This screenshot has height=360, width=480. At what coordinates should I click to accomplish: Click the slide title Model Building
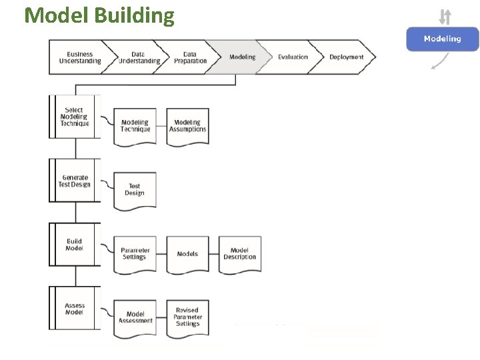(x=99, y=15)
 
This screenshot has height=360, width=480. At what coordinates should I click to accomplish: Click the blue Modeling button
(x=443, y=39)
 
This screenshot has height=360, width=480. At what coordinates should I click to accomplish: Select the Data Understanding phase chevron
(x=139, y=57)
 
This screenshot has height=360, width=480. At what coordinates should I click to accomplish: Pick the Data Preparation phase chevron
(x=190, y=57)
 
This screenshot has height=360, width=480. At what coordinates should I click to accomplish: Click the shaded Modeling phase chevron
(x=241, y=57)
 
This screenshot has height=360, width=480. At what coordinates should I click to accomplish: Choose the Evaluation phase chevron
(x=293, y=57)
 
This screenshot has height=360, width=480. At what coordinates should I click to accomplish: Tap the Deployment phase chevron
(x=346, y=57)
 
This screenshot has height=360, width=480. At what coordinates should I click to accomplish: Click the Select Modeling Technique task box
(x=75, y=117)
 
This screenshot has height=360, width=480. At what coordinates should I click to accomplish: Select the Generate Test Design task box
(x=75, y=181)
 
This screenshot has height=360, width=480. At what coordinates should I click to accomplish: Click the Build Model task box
(x=75, y=245)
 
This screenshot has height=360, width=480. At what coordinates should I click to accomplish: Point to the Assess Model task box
(x=75, y=309)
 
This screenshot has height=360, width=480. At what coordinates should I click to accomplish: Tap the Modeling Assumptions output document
(x=187, y=126)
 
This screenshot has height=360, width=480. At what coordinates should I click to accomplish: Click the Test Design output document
(x=135, y=190)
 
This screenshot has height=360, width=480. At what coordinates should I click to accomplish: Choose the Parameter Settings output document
(x=135, y=254)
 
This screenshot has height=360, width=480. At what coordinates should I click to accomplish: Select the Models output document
(x=187, y=254)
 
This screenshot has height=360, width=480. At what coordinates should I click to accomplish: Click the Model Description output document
(x=240, y=254)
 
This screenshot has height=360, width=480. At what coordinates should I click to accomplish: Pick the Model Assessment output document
(x=135, y=317)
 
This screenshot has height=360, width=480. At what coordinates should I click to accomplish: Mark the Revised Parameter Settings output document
(x=187, y=317)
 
